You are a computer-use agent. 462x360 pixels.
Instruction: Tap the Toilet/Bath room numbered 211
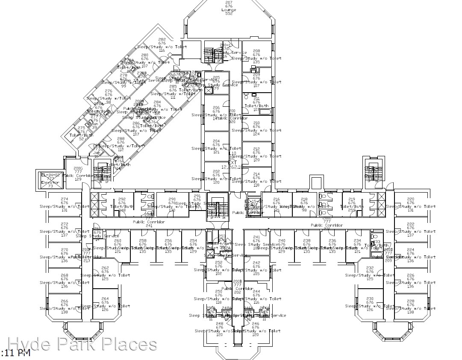coord(256,102)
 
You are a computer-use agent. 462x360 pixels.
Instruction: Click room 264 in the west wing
coord(105,304)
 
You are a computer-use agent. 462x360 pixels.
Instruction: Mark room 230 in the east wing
coord(370,304)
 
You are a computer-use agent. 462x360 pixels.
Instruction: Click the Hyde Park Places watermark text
coord(82,344)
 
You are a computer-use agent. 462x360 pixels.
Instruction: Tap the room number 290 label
coord(172,199)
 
